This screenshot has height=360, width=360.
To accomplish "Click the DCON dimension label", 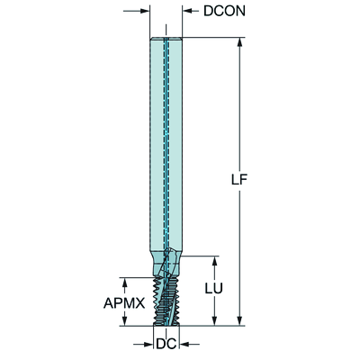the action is pyautogui.click(x=224, y=11).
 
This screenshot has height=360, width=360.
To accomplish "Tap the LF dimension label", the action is pyautogui.click(x=239, y=180).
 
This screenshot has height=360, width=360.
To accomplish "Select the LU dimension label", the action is pyautogui.click(x=214, y=289).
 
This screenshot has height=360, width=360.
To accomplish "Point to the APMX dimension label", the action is pyautogui.click(x=124, y=303).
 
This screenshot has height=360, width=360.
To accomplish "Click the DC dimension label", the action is pyautogui.click(x=166, y=344).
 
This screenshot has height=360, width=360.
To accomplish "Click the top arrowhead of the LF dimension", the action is pyautogui.click(x=239, y=42).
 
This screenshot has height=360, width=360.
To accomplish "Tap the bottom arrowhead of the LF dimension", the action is pyautogui.click(x=239, y=320).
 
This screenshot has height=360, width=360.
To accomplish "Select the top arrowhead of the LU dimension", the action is pyautogui.click(x=214, y=261).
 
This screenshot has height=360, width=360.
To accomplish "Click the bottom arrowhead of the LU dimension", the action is pyautogui.click(x=214, y=320).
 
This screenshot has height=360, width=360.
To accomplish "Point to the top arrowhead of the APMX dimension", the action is pyautogui.click(x=125, y=283).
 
